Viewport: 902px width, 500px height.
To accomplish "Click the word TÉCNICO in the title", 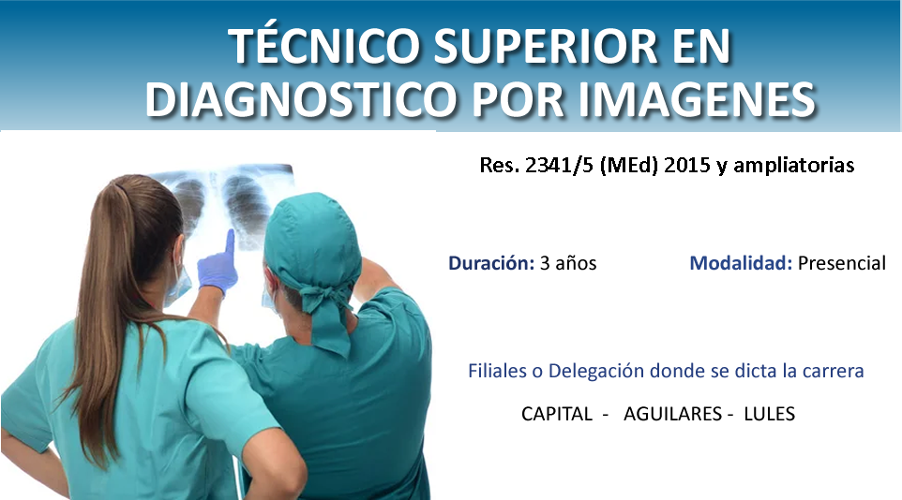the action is click(325, 45).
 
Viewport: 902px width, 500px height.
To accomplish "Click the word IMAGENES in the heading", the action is click(697, 98).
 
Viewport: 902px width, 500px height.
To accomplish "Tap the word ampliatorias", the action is click(793, 166).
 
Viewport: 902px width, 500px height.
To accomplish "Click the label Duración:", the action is click(492, 263).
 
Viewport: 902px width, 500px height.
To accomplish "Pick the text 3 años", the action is click(568, 263).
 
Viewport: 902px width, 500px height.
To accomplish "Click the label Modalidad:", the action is click(741, 263).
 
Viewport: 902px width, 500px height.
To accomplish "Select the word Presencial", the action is click(842, 263).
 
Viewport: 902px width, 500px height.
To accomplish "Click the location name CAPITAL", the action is click(556, 414).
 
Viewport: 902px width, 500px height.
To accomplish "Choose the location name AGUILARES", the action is click(672, 414).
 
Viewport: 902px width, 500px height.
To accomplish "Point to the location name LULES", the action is click(769, 414).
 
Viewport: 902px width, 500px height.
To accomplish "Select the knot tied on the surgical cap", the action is click(324, 299).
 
